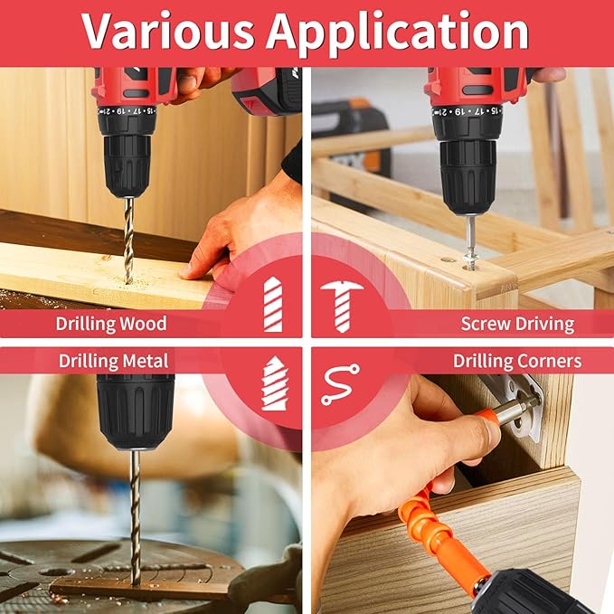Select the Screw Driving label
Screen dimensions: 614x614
516,323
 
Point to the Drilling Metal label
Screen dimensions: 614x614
100,361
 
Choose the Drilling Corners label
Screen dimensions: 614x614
516,361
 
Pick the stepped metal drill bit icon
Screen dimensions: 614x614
273,384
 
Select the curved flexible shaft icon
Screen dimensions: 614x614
340,384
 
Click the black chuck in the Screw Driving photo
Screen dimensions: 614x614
467,163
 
